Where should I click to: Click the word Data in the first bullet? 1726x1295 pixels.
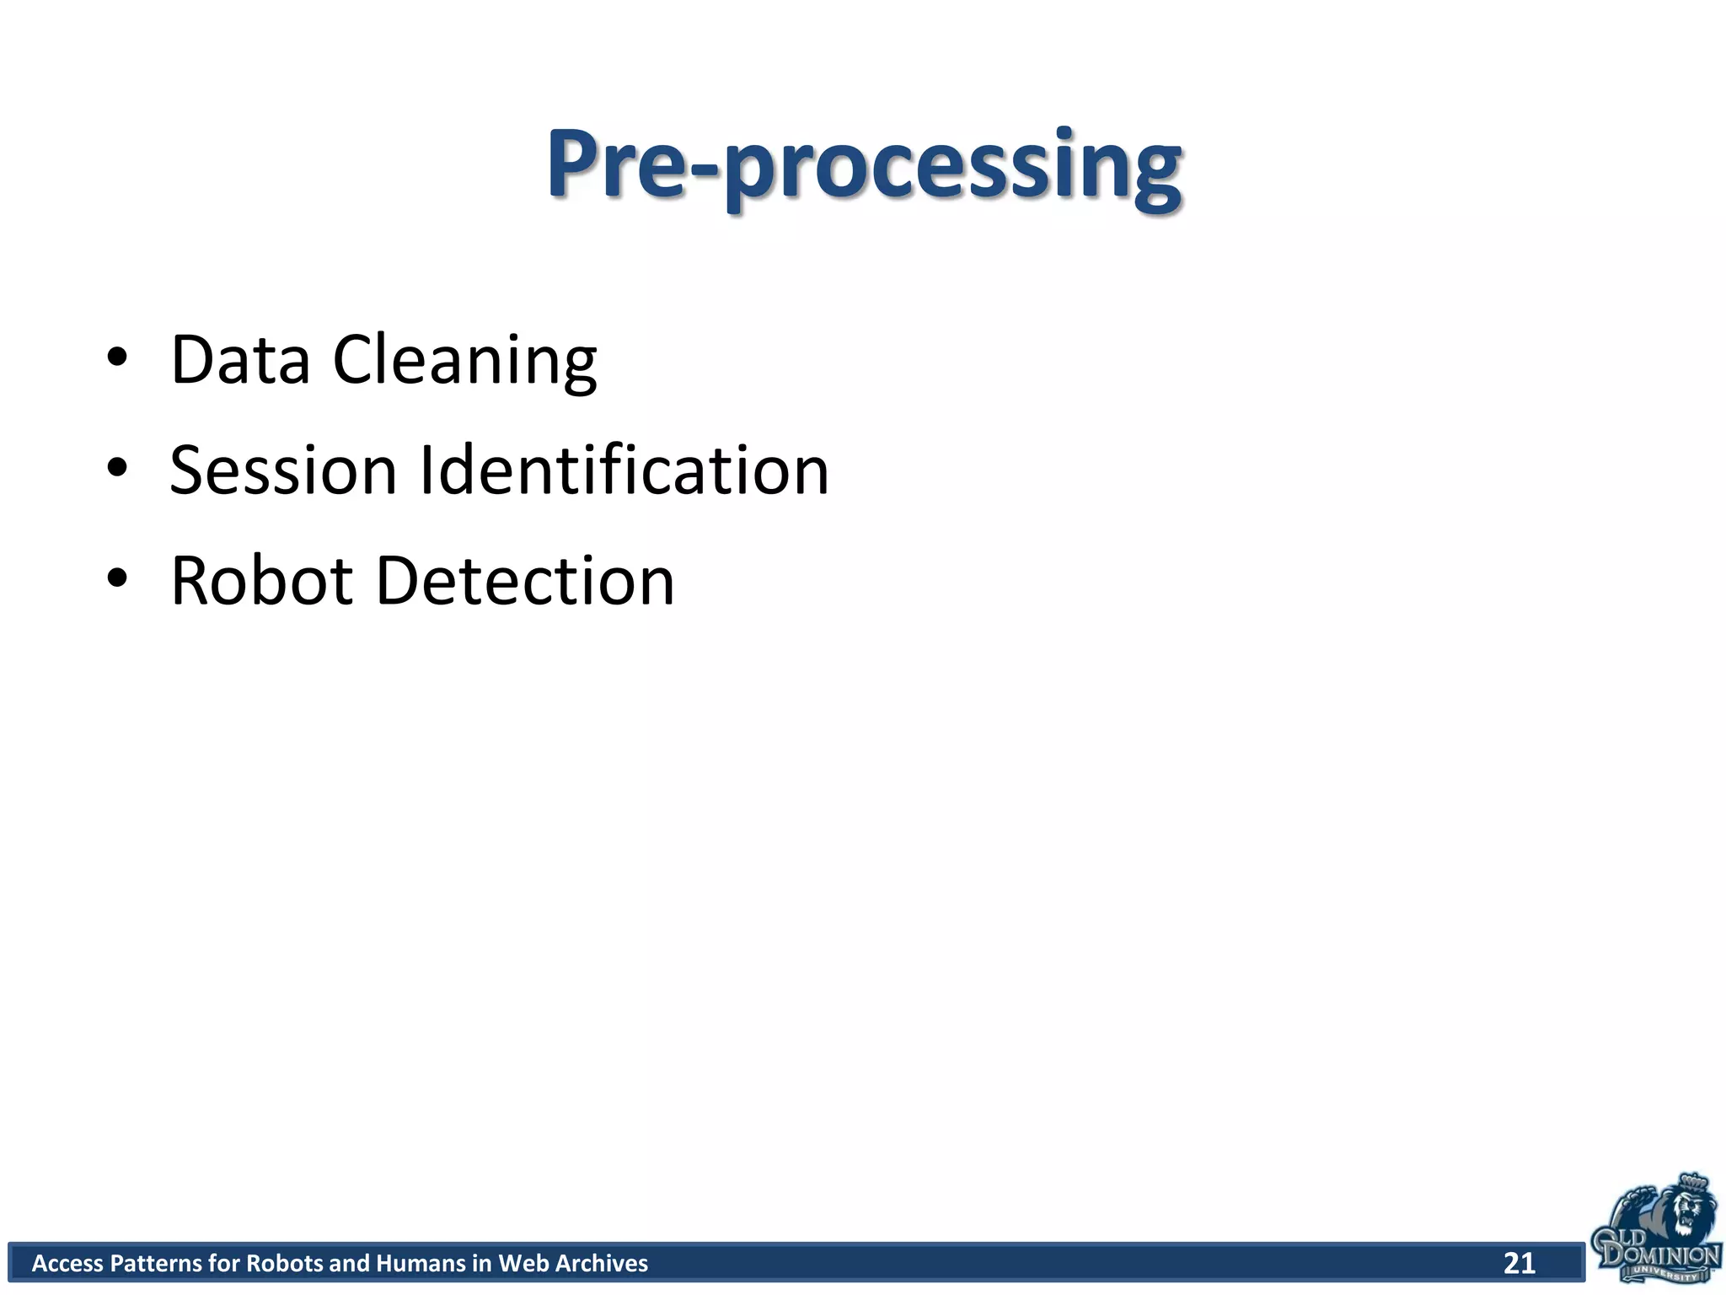point(240,360)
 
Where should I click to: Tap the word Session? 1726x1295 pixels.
point(283,470)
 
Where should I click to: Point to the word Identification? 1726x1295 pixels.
point(624,470)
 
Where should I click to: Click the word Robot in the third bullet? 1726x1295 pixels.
point(261,581)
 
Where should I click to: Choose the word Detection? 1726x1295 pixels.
point(524,581)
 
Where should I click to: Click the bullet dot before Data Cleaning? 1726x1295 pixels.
point(117,357)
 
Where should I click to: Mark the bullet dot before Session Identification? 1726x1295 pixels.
point(117,468)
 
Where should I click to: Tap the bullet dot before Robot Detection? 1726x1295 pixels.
point(117,578)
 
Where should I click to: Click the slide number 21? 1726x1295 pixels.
point(1520,1263)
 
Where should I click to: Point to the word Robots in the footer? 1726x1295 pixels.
point(285,1263)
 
